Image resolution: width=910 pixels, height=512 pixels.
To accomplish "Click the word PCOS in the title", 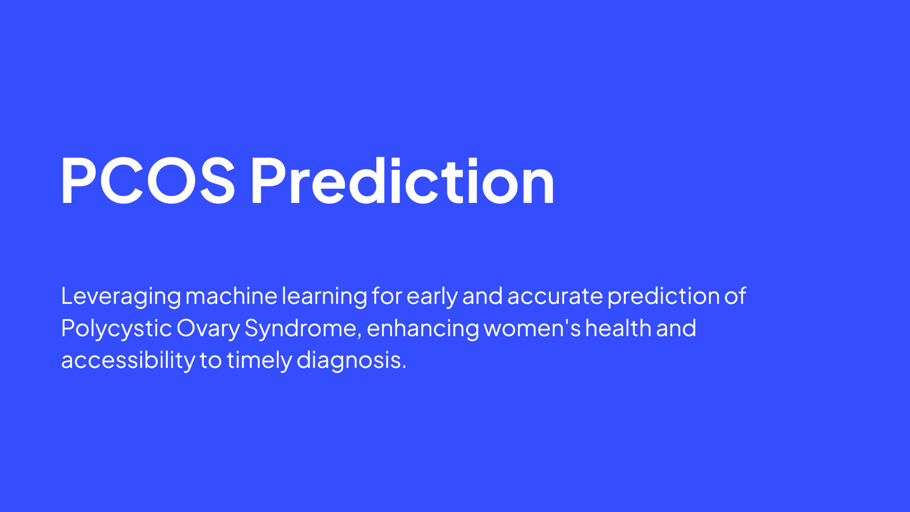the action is (148, 181).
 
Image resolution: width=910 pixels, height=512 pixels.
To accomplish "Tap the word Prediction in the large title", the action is (402, 181).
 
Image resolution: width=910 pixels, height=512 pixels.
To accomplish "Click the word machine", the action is (231, 296).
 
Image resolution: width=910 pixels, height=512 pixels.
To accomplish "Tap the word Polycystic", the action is (117, 329).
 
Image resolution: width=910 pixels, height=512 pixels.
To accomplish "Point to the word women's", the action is (532, 328).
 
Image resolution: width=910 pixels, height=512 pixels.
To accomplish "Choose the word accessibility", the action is (128, 361).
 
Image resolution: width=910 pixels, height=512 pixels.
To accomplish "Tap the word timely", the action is (259, 361).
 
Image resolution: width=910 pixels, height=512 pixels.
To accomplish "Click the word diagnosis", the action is (351, 361).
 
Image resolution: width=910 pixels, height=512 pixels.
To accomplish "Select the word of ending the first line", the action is (735, 296).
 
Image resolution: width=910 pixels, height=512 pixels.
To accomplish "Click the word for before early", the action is (387, 296).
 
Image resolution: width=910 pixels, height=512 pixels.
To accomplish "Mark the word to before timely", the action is (210, 361).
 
